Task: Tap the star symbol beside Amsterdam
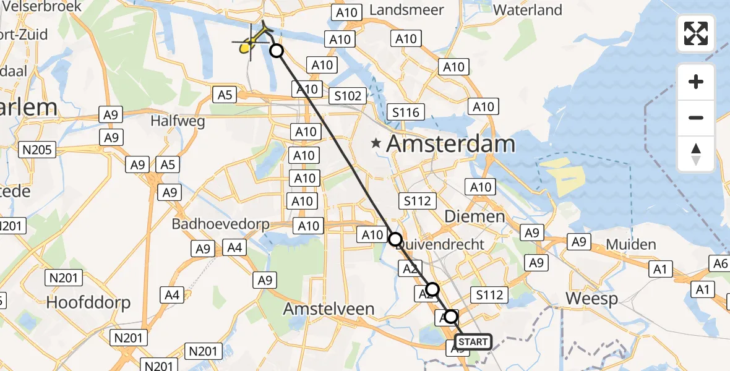tap(376, 143)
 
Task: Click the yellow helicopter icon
tap(250, 43)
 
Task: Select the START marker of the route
tap(474, 341)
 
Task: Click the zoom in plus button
tap(696, 82)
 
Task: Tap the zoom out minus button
tap(696, 117)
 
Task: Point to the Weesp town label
tap(591, 299)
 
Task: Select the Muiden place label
tap(630, 244)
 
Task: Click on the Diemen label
tap(475, 216)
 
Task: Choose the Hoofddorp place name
tap(88, 302)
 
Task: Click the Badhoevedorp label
tap(221, 224)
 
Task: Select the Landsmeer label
tap(406, 10)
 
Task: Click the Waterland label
tap(528, 10)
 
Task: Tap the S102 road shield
tap(348, 96)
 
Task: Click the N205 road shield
tap(38, 149)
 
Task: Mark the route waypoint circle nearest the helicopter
tap(277, 51)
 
